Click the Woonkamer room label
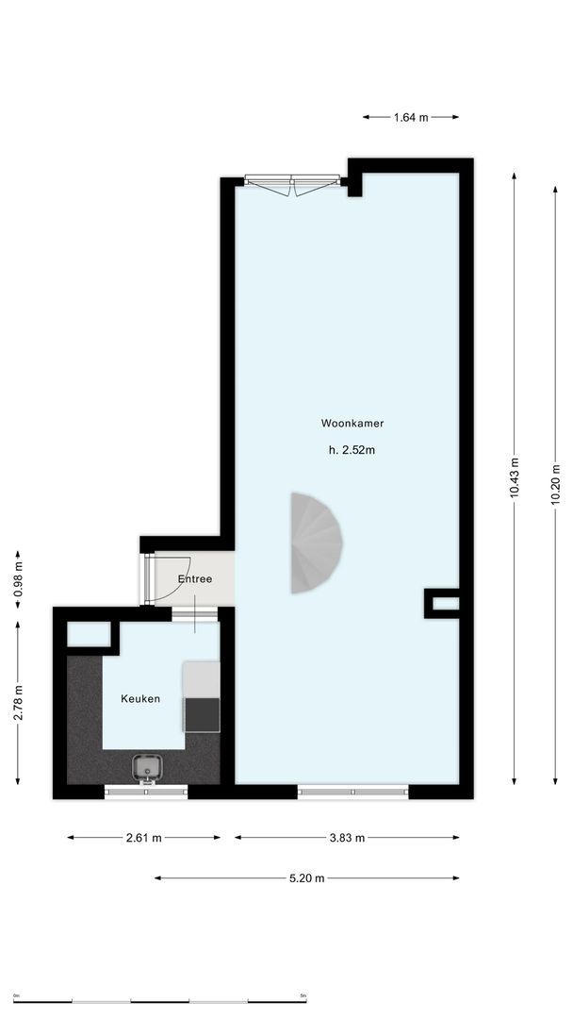click(352, 424)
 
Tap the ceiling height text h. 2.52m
click(352, 450)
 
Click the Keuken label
click(140, 699)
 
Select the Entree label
click(195, 578)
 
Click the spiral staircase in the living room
click(313, 543)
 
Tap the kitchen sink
click(146, 768)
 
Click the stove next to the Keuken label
click(202, 714)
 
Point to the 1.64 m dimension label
click(411, 117)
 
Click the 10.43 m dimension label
click(515, 477)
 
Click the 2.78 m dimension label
click(18, 702)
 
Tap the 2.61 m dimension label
click(143, 837)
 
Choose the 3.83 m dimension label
click(347, 837)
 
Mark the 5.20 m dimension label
click(306, 878)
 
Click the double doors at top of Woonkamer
click(292, 184)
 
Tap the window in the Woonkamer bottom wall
click(353, 792)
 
